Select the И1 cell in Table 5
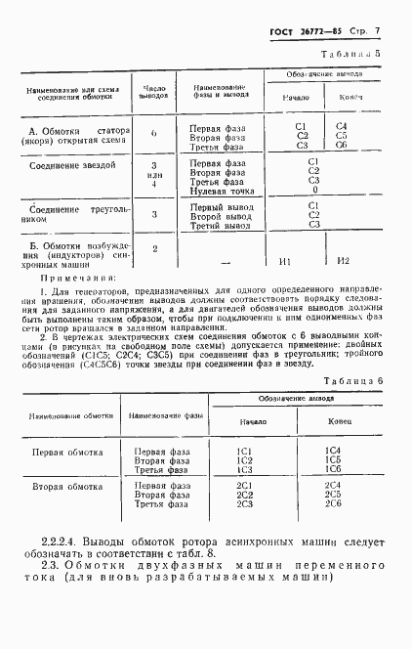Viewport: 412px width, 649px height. (287, 261)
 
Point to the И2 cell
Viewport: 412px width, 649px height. (343, 261)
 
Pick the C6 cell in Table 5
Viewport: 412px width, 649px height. (342, 146)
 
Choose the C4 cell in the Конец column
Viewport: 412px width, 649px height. (342, 126)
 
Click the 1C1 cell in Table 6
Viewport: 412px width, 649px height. (245, 451)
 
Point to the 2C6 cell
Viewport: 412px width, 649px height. (333, 503)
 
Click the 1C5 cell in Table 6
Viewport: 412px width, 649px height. (333, 459)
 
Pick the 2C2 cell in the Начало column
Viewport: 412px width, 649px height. (245, 494)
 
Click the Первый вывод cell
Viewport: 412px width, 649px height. (217, 206)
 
